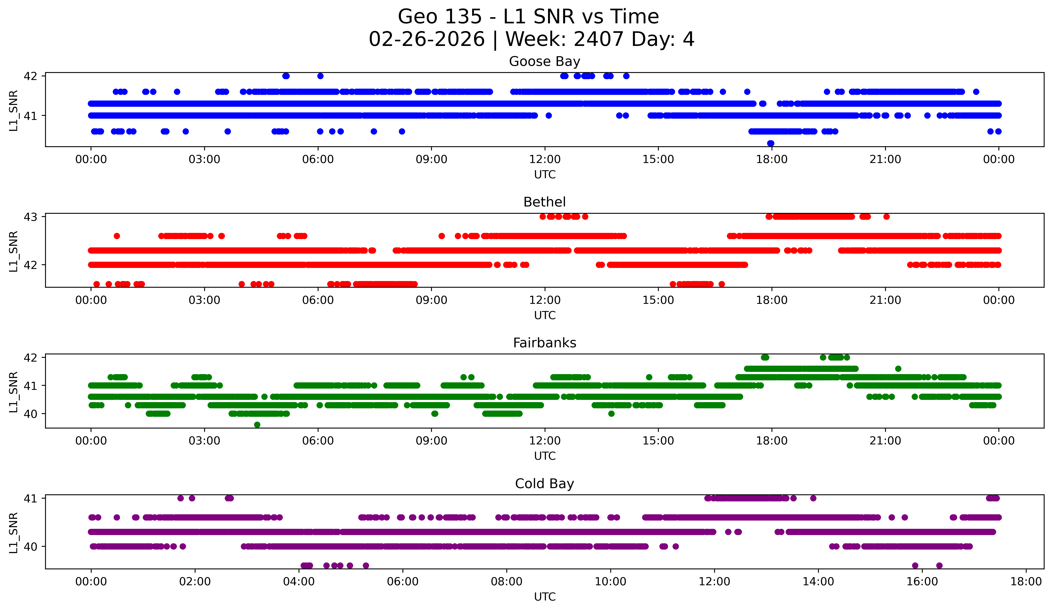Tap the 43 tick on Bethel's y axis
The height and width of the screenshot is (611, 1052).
tap(30, 217)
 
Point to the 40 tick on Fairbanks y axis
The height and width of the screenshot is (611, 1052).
tap(30, 414)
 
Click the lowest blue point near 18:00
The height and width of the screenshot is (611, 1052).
tap(771, 143)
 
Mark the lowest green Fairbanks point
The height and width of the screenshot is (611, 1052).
tap(257, 425)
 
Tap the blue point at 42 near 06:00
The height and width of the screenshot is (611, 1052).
tap(320, 76)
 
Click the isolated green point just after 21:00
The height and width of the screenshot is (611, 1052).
tap(898, 369)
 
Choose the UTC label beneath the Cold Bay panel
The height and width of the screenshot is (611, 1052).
tap(544, 597)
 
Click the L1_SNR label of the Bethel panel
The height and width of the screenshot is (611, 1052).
tap(13, 251)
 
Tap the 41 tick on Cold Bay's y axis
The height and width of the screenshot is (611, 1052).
tap(30, 498)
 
